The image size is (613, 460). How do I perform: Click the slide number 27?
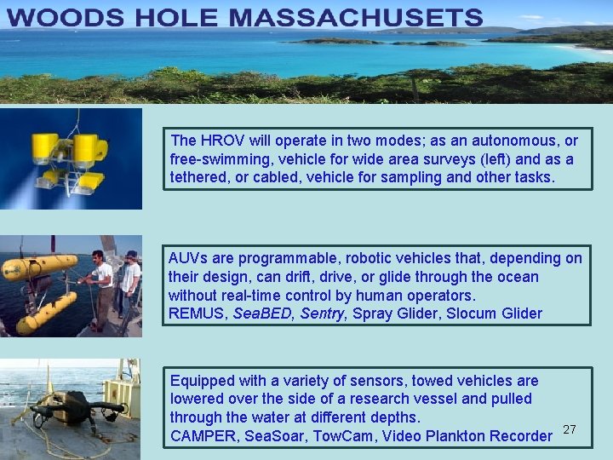570,429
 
